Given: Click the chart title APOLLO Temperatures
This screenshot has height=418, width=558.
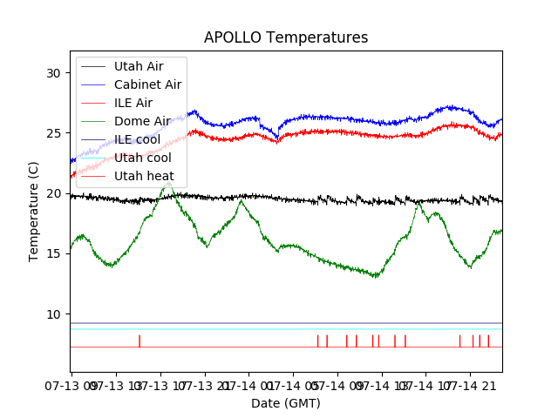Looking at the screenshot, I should click(x=286, y=37).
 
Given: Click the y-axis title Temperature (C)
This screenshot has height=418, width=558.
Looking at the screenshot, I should click(x=34, y=212).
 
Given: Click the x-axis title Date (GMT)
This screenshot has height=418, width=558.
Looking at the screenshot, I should click(x=286, y=403).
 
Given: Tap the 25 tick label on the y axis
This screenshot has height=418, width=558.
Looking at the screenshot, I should click(x=54, y=133).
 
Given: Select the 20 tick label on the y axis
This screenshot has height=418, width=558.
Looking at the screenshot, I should click(x=54, y=193).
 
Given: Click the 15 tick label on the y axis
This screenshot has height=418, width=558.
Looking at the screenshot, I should click(x=54, y=253).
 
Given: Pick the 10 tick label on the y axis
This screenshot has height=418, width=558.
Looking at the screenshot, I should click(x=54, y=313).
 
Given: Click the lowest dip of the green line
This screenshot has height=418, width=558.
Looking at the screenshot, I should click(x=375, y=277).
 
